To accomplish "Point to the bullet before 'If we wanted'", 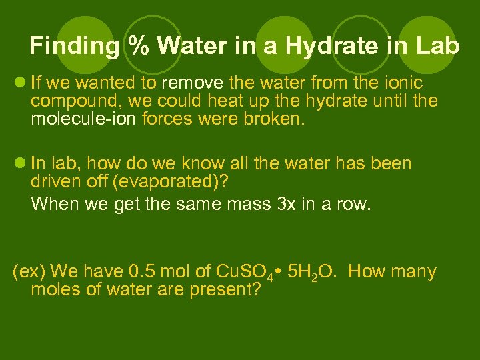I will point(20,83).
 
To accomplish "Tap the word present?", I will point(224,290).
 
